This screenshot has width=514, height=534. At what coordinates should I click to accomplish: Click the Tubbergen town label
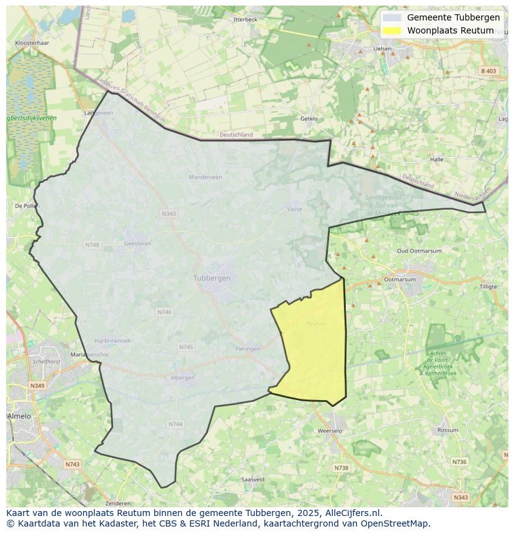point(212,278)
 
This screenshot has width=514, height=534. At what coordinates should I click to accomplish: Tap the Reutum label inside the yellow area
point(316,324)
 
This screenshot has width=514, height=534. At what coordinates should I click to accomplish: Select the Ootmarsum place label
point(399,280)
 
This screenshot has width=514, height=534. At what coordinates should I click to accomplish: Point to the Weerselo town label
point(329,430)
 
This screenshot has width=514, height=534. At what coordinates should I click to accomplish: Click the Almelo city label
point(19,416)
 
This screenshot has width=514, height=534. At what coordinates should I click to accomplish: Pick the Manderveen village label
point(205,177)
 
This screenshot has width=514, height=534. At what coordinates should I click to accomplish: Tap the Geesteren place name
point(138,244)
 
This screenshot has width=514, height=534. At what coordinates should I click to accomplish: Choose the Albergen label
point(183,378)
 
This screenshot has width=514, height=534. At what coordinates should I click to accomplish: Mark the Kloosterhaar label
point(32,43)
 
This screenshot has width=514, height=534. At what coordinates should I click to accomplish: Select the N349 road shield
point(37,386)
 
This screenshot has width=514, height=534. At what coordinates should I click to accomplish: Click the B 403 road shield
point(489,71)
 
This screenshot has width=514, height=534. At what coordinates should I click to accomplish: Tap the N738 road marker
point(341,468)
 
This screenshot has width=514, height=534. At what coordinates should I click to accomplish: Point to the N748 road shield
point(92,245)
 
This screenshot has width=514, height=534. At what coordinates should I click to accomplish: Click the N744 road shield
point(175,424)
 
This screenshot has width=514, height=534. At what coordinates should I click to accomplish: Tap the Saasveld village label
point(253,479)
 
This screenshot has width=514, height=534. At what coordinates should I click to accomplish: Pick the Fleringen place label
point(248,349)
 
